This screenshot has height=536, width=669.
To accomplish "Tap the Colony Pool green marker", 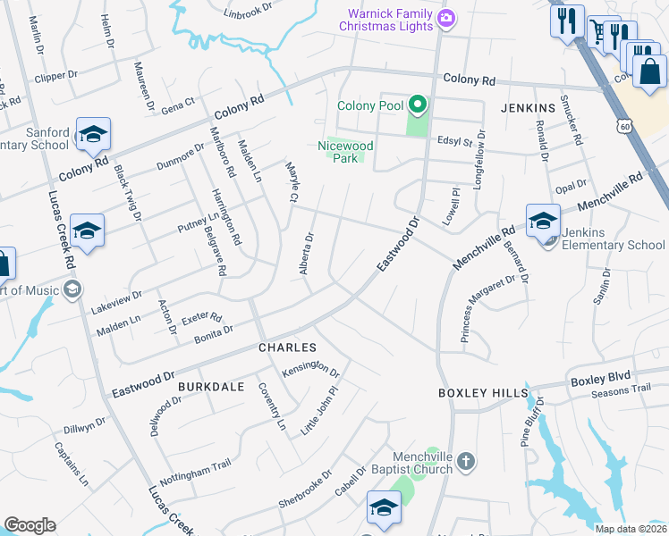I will click(415, 105).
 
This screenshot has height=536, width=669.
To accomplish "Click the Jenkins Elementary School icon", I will click(543, 220).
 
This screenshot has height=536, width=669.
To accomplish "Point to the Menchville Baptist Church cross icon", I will click(465, 461).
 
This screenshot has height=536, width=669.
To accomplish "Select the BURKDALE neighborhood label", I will click(211, 386).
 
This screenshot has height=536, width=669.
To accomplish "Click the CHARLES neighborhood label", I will click(287, 347).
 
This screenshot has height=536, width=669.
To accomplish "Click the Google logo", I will click(30, 525).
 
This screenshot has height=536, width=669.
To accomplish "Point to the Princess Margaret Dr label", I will click(488, 308).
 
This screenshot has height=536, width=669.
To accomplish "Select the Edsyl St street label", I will click(454, 140).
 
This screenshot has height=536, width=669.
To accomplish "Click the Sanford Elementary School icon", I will click(93, 134).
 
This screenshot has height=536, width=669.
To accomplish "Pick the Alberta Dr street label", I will click(308, 254).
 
